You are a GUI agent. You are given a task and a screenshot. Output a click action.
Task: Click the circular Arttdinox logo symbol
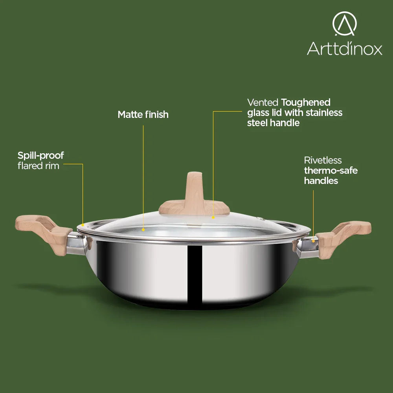345,24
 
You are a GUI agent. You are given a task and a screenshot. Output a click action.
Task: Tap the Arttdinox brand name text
345,48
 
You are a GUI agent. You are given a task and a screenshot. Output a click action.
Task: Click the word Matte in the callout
130,114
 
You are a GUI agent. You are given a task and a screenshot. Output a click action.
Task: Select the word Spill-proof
40,156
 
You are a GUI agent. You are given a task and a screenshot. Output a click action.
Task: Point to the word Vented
263,103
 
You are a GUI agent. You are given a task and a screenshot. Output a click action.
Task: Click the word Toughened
306,103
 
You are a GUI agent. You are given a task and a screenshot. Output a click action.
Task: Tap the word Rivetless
323,160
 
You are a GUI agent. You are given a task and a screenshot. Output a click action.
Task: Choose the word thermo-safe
331,171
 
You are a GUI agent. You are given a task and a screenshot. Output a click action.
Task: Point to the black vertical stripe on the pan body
195,274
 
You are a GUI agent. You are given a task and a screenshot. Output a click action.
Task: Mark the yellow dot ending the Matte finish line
143,230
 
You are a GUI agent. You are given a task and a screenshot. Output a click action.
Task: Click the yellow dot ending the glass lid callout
213,218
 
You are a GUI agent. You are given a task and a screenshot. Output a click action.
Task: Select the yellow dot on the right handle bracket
313,241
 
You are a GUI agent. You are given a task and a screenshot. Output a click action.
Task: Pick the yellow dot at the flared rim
83,225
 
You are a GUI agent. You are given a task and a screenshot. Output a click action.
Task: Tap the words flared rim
39,166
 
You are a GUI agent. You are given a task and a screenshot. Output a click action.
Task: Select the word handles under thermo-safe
321,181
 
